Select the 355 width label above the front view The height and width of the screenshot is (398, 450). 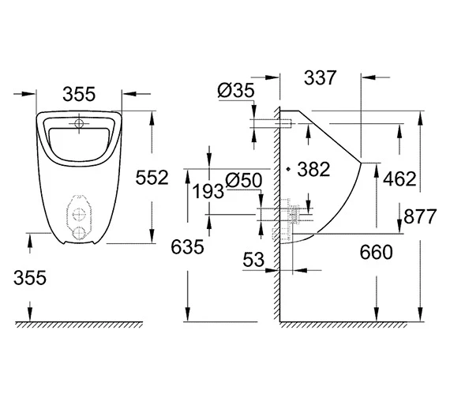point(78,94)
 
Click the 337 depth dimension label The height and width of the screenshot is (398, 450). point(320,78)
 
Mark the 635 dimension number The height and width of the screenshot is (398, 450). point(187,246)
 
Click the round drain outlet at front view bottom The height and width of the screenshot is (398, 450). point(79,235)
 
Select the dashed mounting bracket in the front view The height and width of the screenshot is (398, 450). point(79,212)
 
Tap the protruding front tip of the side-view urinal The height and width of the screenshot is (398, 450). point(362,163)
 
